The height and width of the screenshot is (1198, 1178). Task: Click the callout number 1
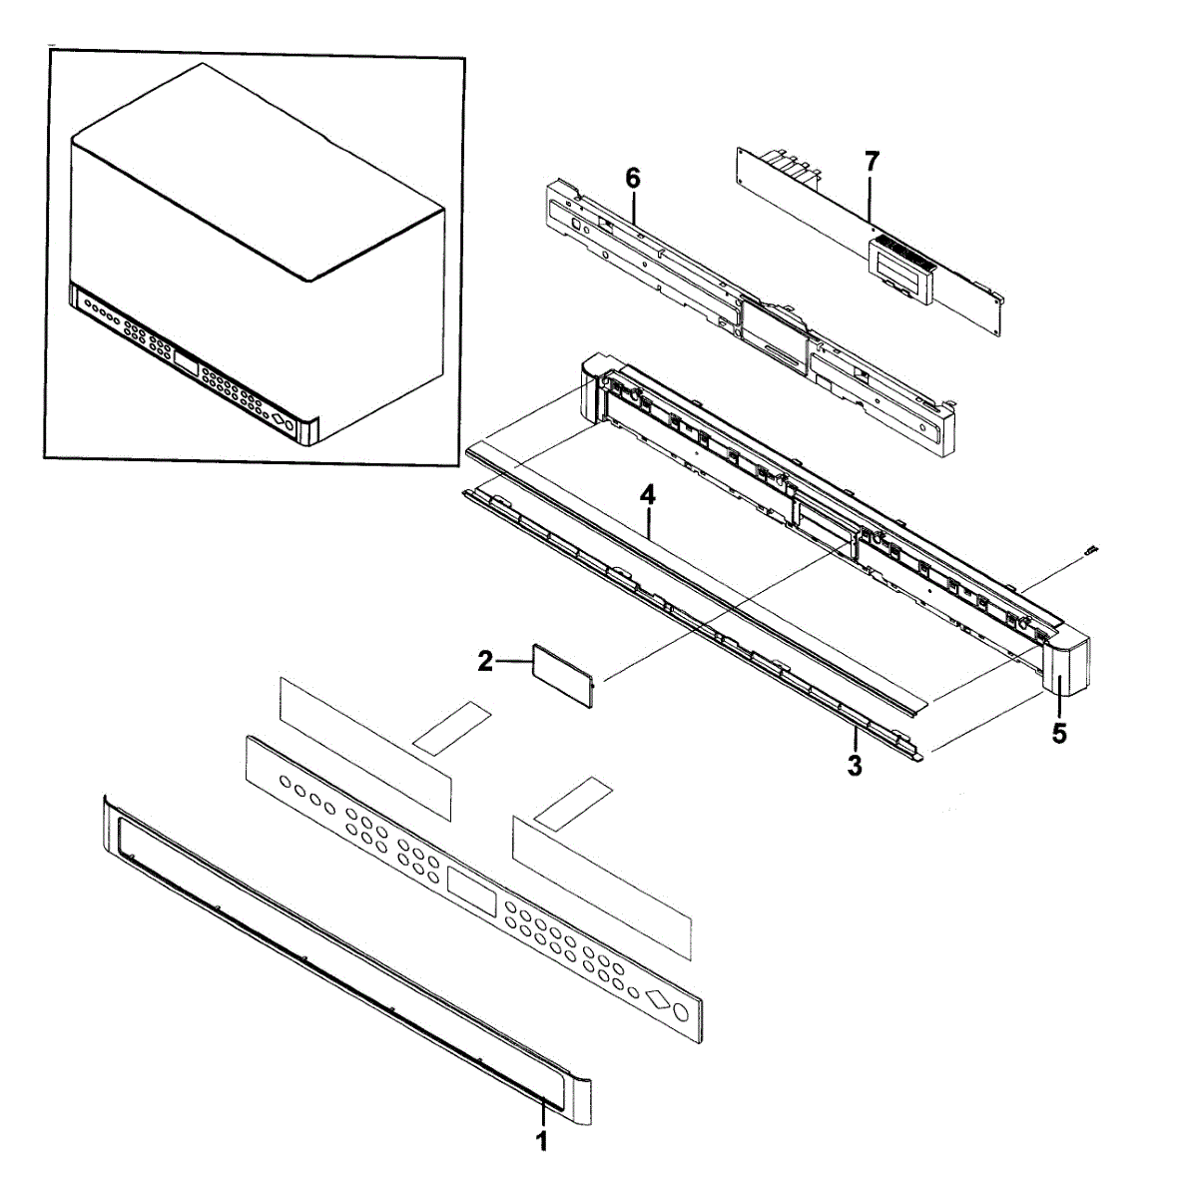pyautogui.click(x=542, y=1142)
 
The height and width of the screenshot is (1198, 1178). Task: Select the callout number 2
pyautogui.click(x=485, y=661)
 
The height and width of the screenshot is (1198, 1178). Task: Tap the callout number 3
pyautogui.click(x=855, y=766)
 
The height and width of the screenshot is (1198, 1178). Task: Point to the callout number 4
pyautogui.click(x=648, y=494)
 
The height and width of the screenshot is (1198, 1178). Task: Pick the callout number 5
pyautogui.click(x=1059, y=733)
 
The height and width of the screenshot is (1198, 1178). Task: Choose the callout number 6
pyautogui.click(x=633, y=179)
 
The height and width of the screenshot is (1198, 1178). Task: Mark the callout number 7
pyautogui.click(x=872, y=160)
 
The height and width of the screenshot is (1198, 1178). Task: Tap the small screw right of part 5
pyautogui.click(x=1091, y=549)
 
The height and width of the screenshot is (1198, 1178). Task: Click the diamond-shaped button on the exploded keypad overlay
pyautogui.click(x=657, y=996)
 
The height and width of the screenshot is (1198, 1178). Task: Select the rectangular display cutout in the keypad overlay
pyautogui.click(x=472, y=891)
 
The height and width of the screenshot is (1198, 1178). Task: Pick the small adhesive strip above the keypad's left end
pyautogui.click(x=452, y=726)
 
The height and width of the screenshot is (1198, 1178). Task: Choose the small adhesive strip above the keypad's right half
pyautogui.click(x=571, y=803)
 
